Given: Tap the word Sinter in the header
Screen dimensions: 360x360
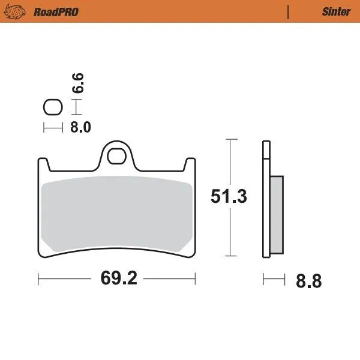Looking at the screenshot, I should pos(337,11).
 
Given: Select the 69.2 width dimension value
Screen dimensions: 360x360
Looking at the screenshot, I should pos(117,280).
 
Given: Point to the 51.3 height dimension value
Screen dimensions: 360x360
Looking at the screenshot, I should pos(228,197).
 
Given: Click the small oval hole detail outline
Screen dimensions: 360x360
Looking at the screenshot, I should pos(53,108).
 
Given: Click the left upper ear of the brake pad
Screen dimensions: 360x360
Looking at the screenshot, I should pos(43,164).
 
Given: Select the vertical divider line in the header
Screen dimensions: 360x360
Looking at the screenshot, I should pos(289,11).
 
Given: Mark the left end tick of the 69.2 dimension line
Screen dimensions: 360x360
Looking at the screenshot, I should pos(39,279).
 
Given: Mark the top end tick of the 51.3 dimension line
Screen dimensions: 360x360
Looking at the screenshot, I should pos(230,140).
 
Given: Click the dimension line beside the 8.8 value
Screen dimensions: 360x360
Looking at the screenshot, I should pos(273,279).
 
